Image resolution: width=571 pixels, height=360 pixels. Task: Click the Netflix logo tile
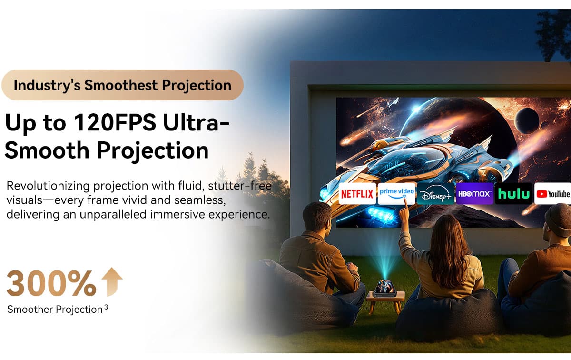(357, 194)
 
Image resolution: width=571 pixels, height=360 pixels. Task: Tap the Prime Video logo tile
(396, 194)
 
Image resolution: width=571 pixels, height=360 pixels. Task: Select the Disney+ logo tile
(436, 194)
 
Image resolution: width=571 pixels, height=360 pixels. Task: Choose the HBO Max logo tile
(475, 194)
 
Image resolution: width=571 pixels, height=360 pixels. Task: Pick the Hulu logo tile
(513, 194)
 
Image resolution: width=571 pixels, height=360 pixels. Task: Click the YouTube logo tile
(552, 194)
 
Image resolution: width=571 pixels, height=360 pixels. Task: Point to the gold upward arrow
(112, 282)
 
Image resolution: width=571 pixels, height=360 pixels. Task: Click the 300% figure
(51, 283)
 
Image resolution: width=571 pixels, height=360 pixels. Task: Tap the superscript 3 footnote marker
(106, 307)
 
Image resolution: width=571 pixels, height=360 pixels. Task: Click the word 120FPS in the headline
(115, 122)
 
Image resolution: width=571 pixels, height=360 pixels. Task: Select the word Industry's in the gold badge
(47, 85)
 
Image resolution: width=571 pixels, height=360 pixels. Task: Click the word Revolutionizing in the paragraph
(48, 186)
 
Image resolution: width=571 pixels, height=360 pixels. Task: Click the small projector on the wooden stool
(385, 288)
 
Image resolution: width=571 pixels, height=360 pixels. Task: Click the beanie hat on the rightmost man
(558, 220)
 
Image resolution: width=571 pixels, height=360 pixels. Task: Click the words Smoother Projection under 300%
(55, 310)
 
